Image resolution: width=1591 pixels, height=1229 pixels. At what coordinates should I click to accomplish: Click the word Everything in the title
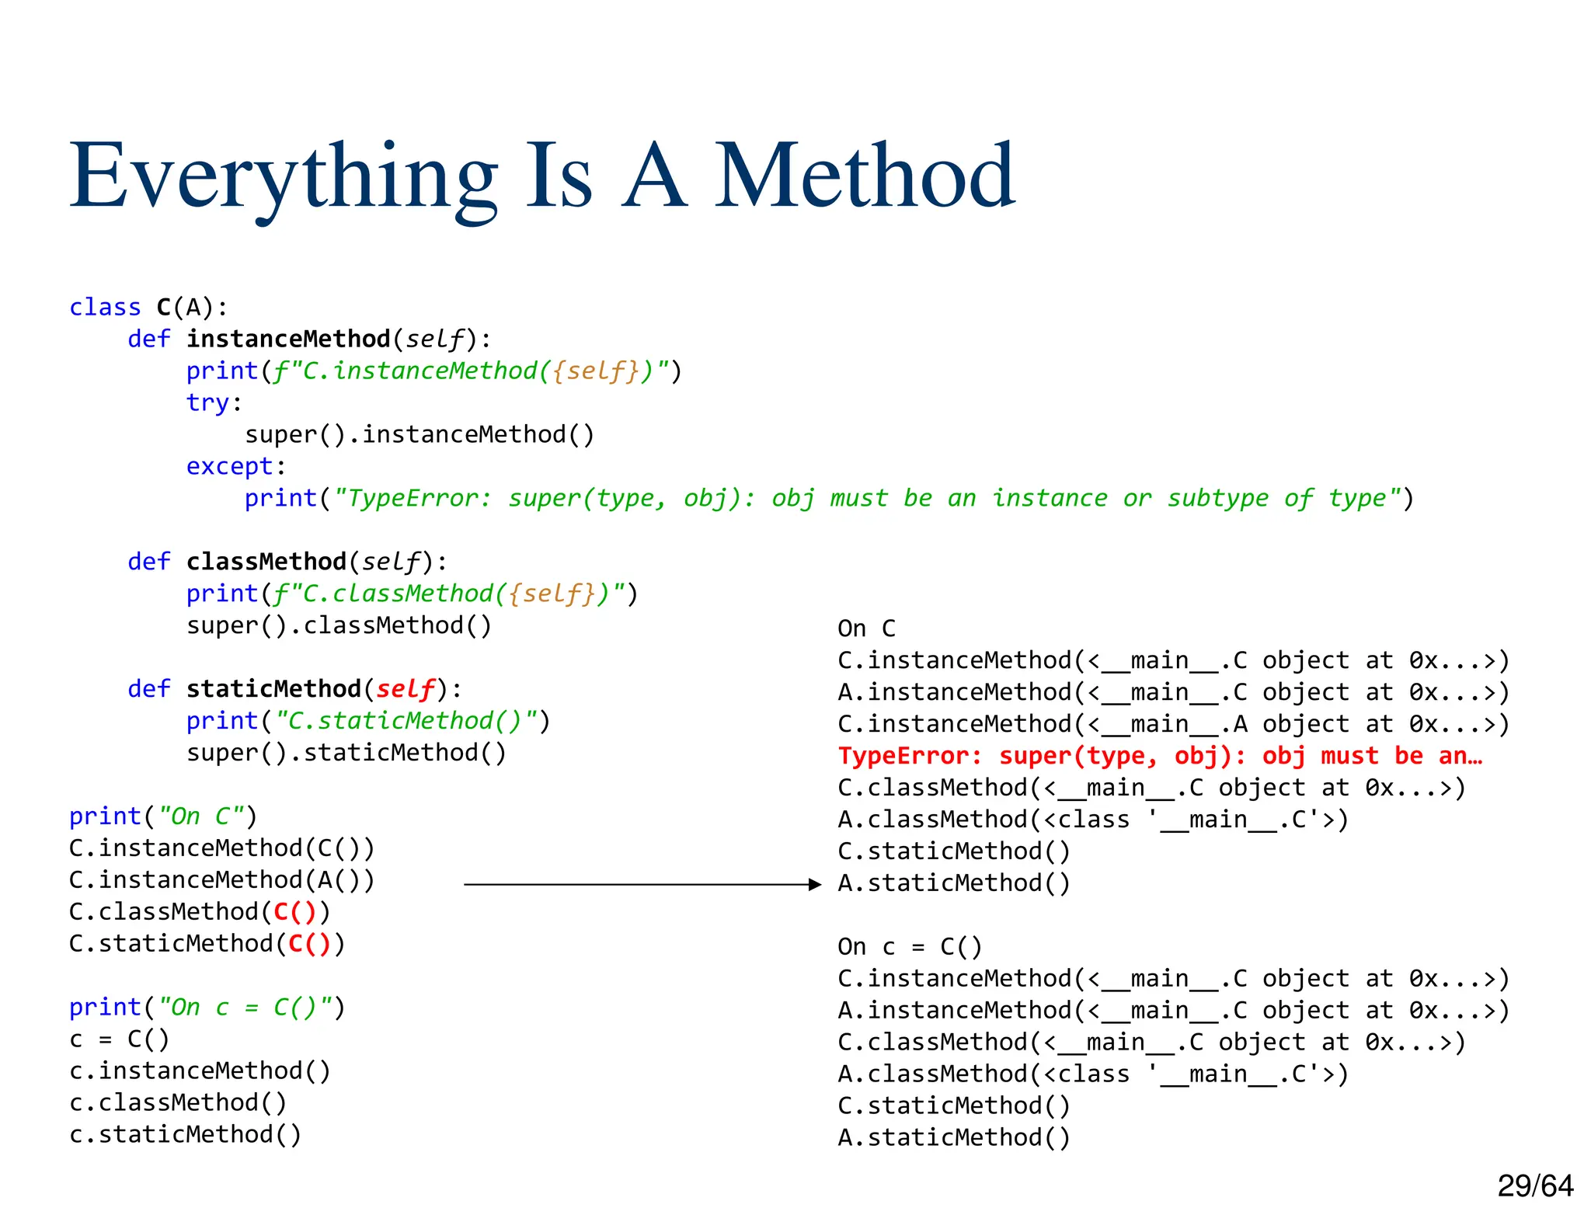click(284, 177)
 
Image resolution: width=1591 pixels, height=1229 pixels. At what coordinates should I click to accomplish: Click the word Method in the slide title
click(864, 177)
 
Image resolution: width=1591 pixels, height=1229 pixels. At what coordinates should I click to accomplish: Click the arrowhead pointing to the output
click(815, 884)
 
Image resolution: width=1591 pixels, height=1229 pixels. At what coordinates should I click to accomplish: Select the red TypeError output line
click(1160, 756)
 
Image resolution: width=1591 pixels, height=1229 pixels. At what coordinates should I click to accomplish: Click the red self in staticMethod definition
click(405, 689)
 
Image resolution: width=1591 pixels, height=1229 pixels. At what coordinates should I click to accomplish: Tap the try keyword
click(207, 402)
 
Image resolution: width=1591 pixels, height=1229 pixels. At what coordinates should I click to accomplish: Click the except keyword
click(229, 466)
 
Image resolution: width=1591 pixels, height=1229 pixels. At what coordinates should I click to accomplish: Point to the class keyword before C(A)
click(105, 308)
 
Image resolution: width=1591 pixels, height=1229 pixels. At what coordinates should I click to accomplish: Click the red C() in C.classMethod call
click(295, 911)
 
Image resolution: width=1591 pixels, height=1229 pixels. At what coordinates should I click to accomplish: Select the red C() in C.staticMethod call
click(310, 943)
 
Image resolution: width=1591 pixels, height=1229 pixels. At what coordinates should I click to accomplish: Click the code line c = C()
click(119, 1039)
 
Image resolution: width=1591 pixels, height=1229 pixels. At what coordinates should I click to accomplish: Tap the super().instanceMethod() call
click(420, 434)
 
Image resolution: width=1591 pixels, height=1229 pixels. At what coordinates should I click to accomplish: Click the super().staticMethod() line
click(346, 753)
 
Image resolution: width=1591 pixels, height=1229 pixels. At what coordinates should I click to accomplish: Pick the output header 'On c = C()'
click(910, 946)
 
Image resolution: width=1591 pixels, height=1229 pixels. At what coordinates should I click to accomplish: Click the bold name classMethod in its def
click(266, 562)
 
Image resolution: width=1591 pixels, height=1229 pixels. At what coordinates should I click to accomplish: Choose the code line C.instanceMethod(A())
click(221, 879)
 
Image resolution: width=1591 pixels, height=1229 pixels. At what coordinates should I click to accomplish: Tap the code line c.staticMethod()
click(185, 1134)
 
